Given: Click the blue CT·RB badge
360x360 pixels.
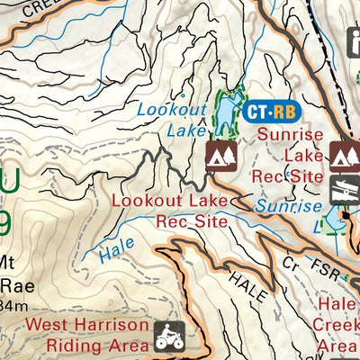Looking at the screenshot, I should click(269, 112).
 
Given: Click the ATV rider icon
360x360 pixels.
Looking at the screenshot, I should click(166, 335).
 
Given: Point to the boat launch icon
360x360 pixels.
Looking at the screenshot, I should click(343, 192).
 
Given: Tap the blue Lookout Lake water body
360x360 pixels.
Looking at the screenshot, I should click(226, 112).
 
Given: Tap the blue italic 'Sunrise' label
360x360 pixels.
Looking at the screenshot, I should click(287, 206).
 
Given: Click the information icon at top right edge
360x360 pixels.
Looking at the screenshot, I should click(354, 40).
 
